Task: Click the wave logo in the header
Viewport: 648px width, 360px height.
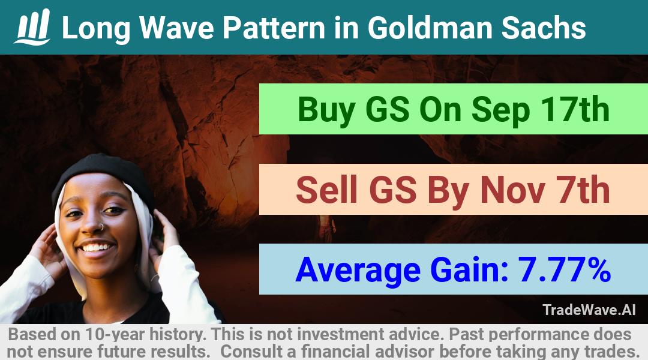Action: tap(32, 27)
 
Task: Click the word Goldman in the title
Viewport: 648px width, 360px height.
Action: tap(430, 28)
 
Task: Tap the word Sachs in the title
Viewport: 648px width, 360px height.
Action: tap(544, 28)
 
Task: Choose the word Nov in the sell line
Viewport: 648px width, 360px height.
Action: tap(512, 190)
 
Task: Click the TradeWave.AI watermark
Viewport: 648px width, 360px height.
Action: tap(589, 310)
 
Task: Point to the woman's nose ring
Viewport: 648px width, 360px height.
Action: tap(101, 227)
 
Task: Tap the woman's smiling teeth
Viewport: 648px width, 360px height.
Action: tap(96, 247)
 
